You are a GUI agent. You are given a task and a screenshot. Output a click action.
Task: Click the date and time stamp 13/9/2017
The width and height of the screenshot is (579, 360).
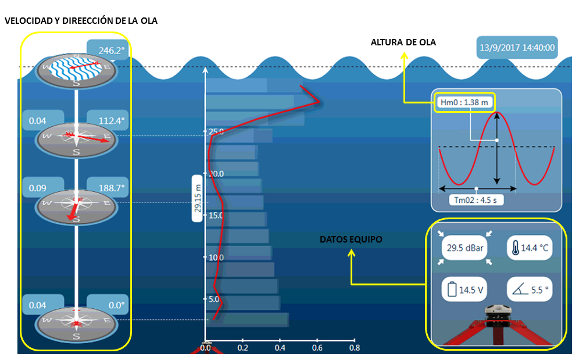[x=516, y=48]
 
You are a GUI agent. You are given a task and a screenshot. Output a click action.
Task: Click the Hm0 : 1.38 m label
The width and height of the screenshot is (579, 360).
[x=464, y=103]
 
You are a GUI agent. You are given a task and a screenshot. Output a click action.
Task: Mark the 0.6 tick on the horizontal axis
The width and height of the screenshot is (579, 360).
[x=317, y=348]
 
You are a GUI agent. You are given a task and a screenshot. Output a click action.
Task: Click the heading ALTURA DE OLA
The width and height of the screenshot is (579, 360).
[x=403, y=42]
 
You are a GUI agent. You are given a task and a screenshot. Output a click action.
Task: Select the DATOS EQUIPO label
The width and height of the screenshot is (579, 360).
[x=351, y=239]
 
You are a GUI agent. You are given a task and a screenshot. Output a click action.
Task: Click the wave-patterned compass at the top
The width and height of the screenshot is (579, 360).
[x=76, y=69]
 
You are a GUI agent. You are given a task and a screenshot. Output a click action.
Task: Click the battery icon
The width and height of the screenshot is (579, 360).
[x=451, y=290]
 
